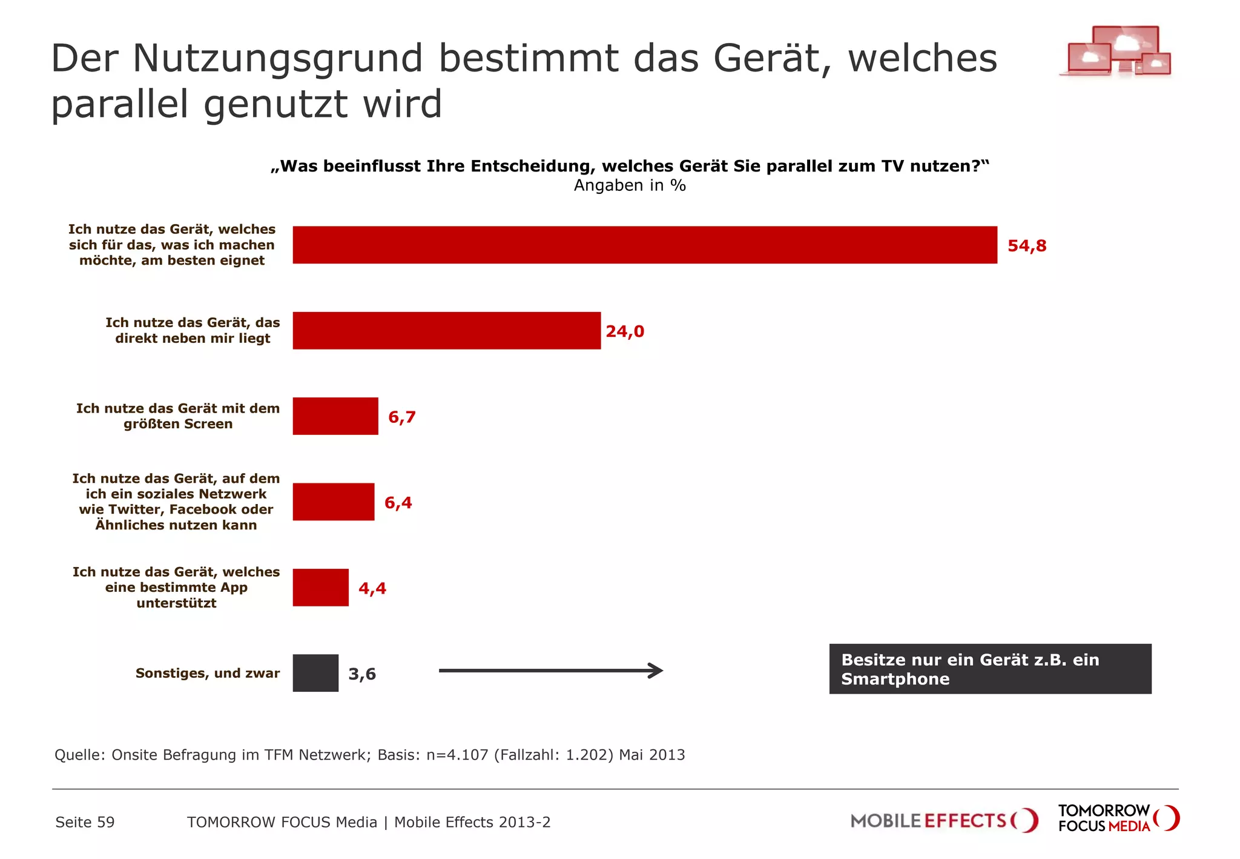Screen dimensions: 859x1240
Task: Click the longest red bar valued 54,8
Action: (x=645, y=245)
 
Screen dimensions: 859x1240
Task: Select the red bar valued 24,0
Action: (x=446, y=331)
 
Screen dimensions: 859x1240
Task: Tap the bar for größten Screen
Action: (x=335, y=416)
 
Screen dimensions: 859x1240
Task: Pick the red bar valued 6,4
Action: (x=334, y=502)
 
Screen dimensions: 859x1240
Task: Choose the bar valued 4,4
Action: (x=320, y=588)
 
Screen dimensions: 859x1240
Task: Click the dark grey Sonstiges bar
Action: (x=315, y=673)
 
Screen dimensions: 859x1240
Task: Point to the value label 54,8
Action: (x=1027, y=246)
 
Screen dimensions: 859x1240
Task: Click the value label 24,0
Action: (x=625, y=331)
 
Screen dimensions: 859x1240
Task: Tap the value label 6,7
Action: (x=402, y=417)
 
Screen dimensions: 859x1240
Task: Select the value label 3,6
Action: (x=362, y=674)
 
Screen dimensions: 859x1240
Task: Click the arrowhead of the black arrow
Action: (x=656, y=671)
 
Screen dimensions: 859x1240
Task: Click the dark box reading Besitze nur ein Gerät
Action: (x=990, y=669)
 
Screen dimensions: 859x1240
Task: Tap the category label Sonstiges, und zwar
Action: (x=208, y=673)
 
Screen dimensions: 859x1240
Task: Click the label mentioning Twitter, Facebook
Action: (x=176, y=502)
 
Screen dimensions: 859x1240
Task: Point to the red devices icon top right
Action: (x=1116, y=51)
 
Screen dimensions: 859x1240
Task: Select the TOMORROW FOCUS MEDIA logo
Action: (x=1118, y=818)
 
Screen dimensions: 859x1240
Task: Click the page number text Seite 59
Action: (x=85, y=822)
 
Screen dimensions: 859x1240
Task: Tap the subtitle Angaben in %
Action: (x=630, y=185)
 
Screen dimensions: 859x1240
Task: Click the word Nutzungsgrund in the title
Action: (x=277, y=59)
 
